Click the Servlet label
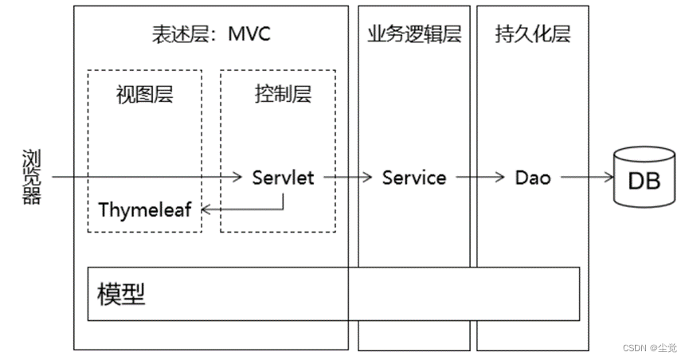click(x=283, y=178)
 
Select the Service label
click(x=414, y=178)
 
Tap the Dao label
click(x=533, y=178)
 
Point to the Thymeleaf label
click(x=145, y=210)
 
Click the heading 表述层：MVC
click(x=211, y=34)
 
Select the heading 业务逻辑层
click(x=415, y=34)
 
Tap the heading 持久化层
click(x=533, y=34)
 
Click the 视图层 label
click(x=144, y=95)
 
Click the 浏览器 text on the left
click(x=31, y=177)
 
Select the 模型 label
click(x=121, y=294)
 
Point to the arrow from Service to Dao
click(x=478, y=178)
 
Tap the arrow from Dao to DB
click(x=585, y=178)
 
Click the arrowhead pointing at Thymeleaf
click(x=204, y=210)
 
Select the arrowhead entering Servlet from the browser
click(x=238, y=178)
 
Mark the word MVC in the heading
click(x=249, y=34)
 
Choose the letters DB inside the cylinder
click(x=644, y=181)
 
